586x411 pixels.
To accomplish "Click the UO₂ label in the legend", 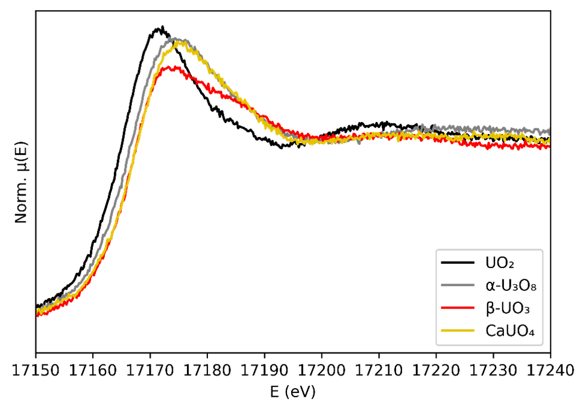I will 499,263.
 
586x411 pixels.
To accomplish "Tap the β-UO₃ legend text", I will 507,308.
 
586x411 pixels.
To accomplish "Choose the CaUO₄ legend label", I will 510,331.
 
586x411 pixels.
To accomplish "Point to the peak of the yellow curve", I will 177,42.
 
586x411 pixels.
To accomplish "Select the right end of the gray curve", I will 549,131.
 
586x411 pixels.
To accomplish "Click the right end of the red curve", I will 549,147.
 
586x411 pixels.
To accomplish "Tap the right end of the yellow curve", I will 549,141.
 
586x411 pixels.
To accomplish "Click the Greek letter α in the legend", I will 489,285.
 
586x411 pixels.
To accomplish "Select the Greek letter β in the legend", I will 489,308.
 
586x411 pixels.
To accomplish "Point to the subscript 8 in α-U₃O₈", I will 533,288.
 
